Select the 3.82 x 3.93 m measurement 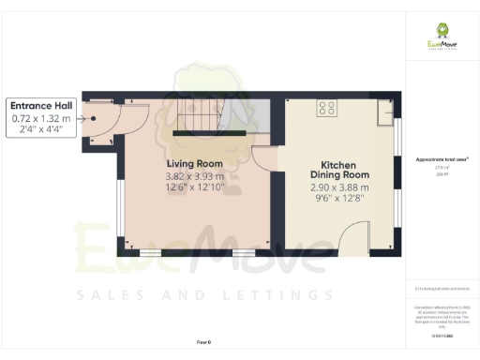pyautogui.click(x=194, y=176)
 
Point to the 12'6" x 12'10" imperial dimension pyautogui.click(x=194, y=187)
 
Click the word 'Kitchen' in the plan pyautogui.click(x=339, y=163)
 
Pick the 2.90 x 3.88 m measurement pyautogui.click(x=339, y=187)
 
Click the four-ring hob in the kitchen pyautogui.click(x=327, y=108)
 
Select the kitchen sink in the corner pyautogui.click(x=385, y=113)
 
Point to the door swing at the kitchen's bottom pyautogui.click(x=355, y=241)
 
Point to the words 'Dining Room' pyautogui.click(x=339, y=175)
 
